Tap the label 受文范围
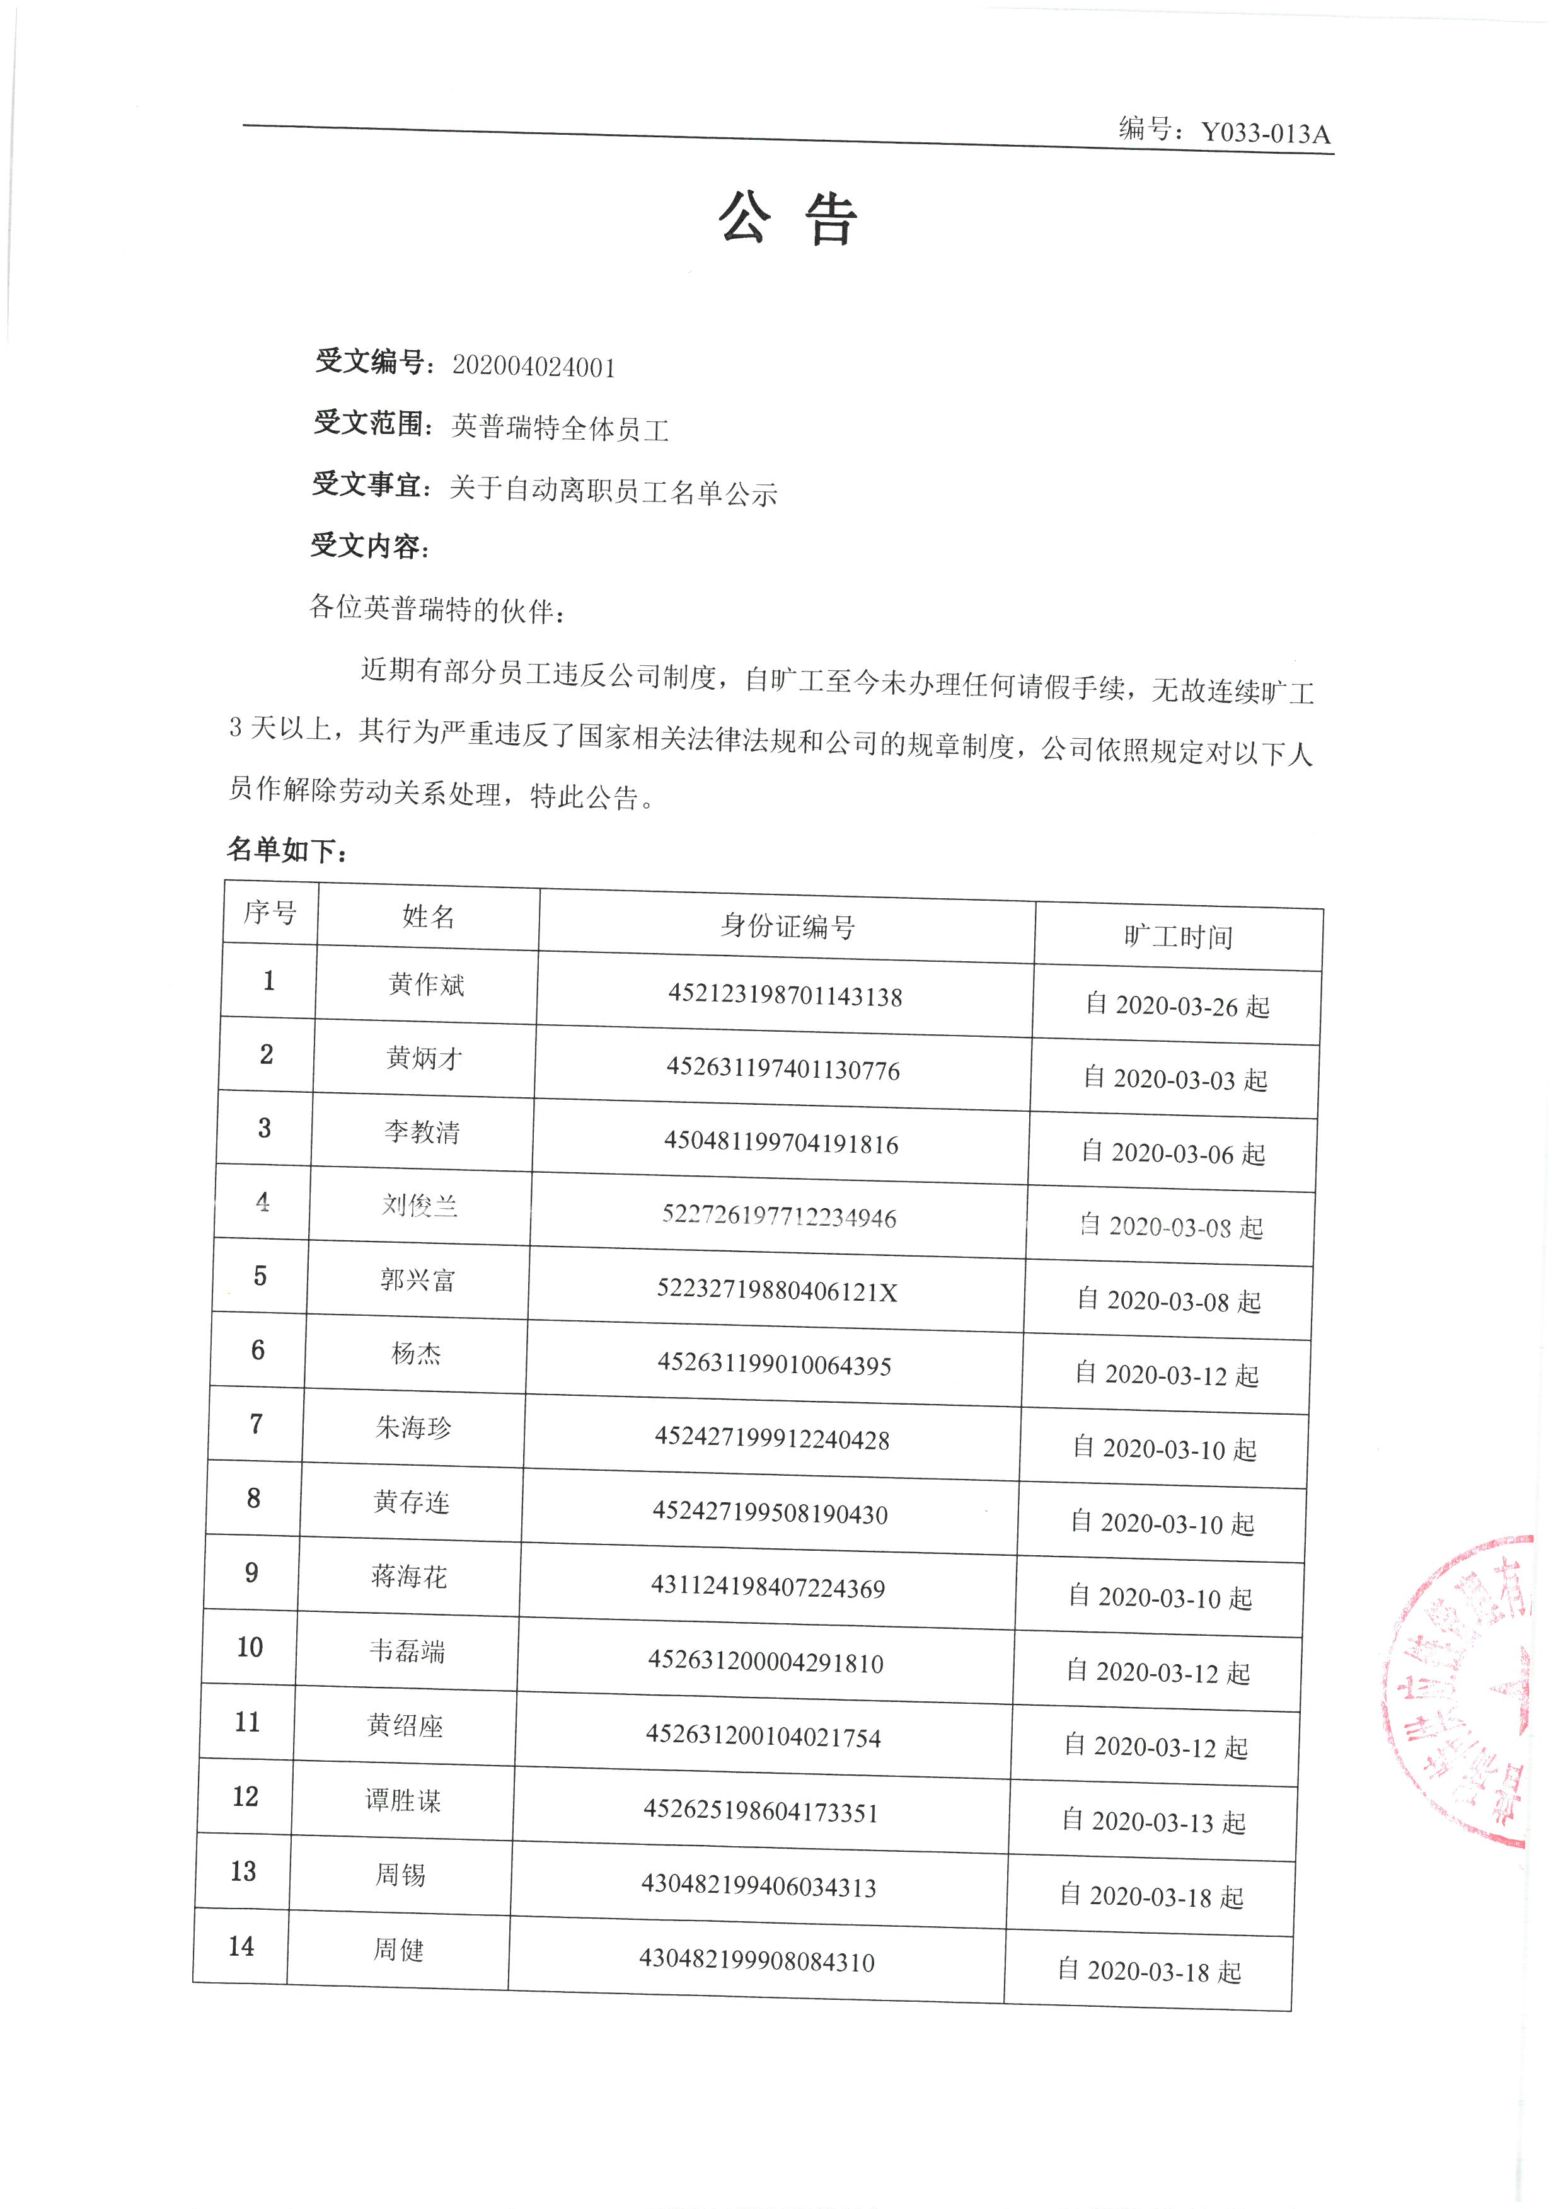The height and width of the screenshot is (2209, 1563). point(371,423)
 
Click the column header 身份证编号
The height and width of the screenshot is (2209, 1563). point(787,927)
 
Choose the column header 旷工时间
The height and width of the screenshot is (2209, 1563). point(1178,936)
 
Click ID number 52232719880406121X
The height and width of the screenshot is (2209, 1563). point(776,1291)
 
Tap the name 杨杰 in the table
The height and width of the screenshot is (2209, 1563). point(416,1354)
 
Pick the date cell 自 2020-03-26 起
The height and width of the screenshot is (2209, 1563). point(1177,1005)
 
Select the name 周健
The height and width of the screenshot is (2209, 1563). point(398,1950)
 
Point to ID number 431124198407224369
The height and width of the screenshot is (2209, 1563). point(768,1587)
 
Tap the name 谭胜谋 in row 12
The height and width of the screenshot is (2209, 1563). point(403,1800)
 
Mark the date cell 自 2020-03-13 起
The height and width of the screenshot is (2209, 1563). point(1154,1821)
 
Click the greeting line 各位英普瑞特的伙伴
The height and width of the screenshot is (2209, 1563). point(438,608)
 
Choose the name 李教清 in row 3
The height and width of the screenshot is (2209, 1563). point(422,1131)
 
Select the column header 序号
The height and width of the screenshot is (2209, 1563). point(270,912)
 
